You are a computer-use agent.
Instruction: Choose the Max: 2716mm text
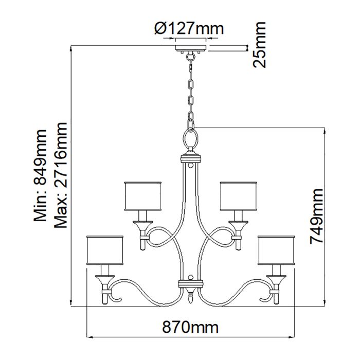(x=61, y=175)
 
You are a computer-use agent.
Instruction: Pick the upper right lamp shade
(x=238, y=196)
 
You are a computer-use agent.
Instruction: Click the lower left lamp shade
(x=105, y=250)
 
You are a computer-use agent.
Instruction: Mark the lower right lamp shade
(x=277, y=250)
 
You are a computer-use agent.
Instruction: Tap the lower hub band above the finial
(x=191, y=283)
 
